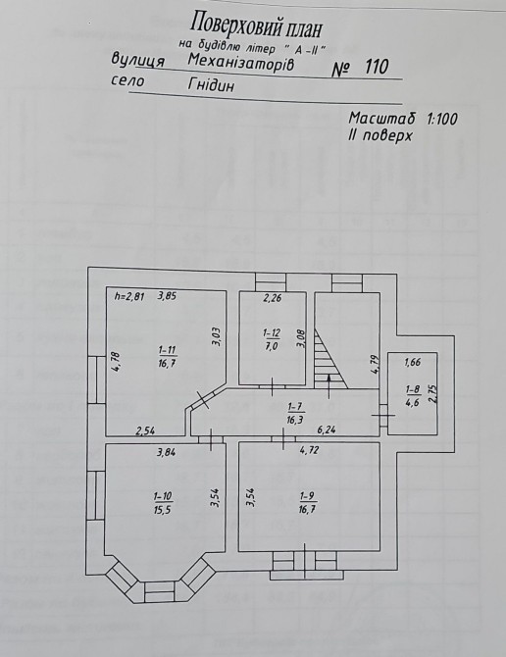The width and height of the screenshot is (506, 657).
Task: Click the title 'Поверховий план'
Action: (256, 25)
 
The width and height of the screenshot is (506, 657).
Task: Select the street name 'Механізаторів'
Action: (241, 62)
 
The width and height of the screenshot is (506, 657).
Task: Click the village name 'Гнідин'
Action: (211, 85)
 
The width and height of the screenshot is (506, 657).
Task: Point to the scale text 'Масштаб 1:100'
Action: (403, 119)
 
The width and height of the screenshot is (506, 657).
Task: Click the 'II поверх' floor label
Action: (379, 135)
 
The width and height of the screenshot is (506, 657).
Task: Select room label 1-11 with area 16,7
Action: (167, 356)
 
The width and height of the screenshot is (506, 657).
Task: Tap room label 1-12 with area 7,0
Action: (272, 339)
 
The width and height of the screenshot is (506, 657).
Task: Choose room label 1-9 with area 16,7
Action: (307, 502)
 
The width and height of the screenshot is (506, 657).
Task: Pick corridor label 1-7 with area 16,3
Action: (296, 412)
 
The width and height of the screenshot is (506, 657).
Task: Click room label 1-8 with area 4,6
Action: (413, 395)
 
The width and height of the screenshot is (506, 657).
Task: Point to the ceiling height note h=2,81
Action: (129, 297)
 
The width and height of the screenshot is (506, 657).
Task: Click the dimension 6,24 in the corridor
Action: (328, 430)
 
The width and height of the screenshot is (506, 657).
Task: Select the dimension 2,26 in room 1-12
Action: (273, 298)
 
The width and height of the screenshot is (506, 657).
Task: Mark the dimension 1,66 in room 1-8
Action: (413, 362)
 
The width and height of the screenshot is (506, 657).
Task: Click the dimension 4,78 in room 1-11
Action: (117, 362)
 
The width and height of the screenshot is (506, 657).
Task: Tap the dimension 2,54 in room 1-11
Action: (144, 430)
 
